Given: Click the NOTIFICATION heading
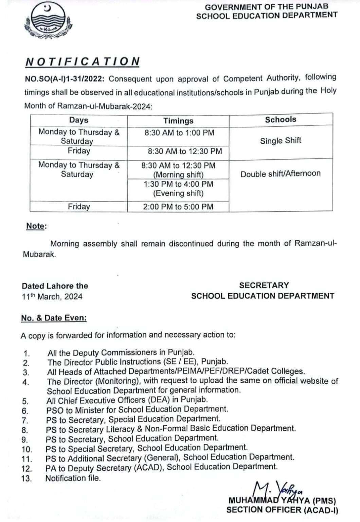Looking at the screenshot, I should (x=83, y=62).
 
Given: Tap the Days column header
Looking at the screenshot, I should (x=78, y=120).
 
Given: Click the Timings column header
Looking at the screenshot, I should (x=178, y=121).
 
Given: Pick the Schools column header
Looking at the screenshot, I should (x=281, y=119).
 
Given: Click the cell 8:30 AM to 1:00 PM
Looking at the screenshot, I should (x=179, y=133).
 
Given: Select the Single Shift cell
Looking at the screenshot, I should (x=281, y=141).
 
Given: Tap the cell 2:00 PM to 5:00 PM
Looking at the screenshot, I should (x=178, y=207).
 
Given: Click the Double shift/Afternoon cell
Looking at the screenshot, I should (x=281, y=174).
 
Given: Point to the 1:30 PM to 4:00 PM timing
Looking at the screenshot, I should (x=178, y=184).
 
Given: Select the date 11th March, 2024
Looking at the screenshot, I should (x=52, y=297).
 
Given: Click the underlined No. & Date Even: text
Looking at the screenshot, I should (x=54, y=318).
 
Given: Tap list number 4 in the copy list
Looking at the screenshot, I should (x=26, y=382).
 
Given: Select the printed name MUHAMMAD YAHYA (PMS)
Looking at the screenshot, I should (x=282, y=501).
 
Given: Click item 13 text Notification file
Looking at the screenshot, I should (x=73, y=478).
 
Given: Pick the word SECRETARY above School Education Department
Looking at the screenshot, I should (x=264, y=285).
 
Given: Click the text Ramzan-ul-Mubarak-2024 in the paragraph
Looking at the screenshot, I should (x=104, y=106).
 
